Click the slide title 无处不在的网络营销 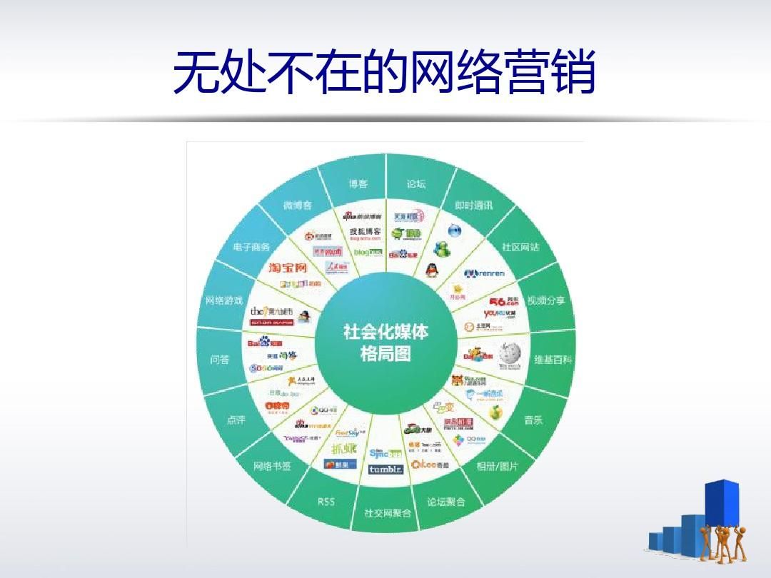tap(385, 72)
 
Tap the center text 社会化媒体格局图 tap(386, 343)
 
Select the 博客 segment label tap(358, 184)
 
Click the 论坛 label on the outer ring tap(416, 184)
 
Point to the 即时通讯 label tap(474, 205)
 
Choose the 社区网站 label tap(520, 247)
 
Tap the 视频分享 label tap(546, 300)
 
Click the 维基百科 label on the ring tap(553, 360)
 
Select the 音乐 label tap(533, 420)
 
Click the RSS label tap(326, 502)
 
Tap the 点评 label tap(236, 420)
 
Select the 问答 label tap(220, 360)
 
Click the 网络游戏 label tap(224, 300)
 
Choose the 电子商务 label tap(251, 247)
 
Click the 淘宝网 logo tap(288, 268)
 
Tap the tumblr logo tap(386, 470)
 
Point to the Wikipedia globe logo tap(510, 353)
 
